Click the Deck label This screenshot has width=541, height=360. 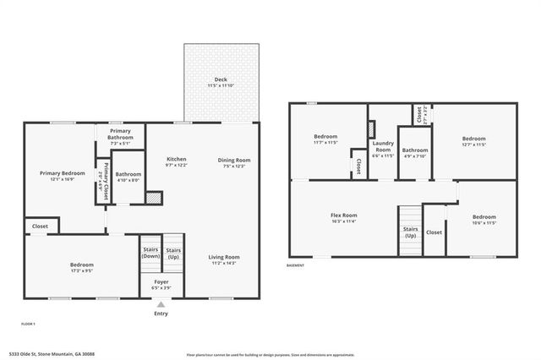[220, 79]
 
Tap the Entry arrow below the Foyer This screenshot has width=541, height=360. [161, 304]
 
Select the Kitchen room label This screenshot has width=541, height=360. [177, 159]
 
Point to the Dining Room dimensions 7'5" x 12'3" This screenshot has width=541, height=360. [234, 166]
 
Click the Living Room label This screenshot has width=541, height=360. [224, 257]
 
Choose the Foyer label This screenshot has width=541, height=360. [161, 282]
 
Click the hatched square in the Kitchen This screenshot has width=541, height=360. [153, 197]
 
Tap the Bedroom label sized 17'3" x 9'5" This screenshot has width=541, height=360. [82, 265]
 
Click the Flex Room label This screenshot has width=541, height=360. [343, 215]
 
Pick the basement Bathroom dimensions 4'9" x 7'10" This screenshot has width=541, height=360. [415, 156]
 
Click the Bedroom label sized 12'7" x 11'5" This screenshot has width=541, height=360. [473, 139]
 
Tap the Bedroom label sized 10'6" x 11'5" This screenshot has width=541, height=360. [484, 216]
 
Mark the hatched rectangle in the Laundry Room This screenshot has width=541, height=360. [370, 128]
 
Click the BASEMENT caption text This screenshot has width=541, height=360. [296, 265]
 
